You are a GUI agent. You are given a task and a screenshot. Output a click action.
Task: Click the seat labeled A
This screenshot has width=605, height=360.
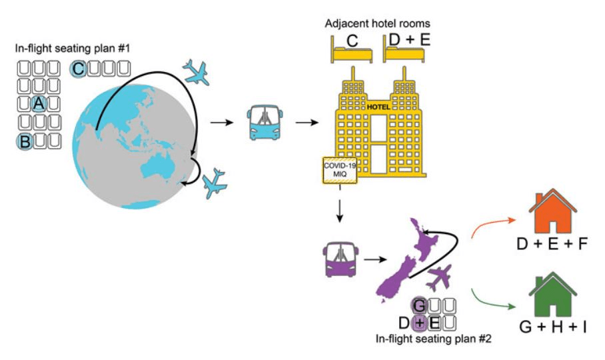[39, 103]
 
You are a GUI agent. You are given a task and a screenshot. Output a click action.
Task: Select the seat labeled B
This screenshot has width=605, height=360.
[25, 141]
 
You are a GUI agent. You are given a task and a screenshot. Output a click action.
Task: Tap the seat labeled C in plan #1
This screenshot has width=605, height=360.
[79, 68]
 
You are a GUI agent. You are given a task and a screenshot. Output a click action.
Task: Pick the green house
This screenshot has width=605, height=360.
[552, 295]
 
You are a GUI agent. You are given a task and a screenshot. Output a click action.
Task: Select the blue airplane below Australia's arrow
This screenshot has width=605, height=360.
[215, 182]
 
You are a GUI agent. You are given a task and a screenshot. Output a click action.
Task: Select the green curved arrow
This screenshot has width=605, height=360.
[494, 298]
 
